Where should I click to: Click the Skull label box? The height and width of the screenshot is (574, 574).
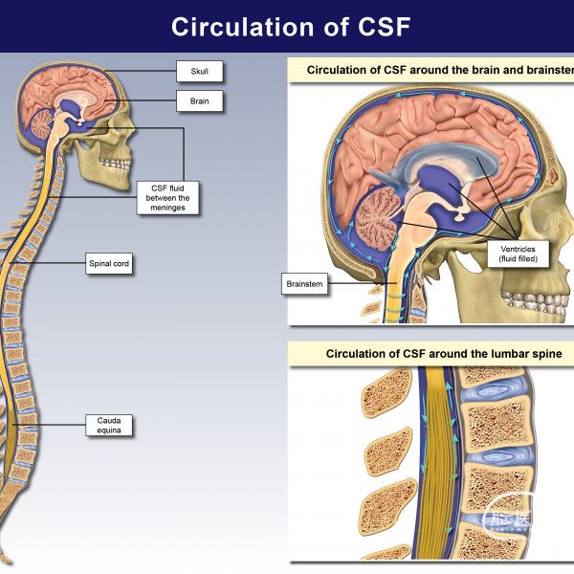pos(199,71)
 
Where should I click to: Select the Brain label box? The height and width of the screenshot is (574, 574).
pos(199,99)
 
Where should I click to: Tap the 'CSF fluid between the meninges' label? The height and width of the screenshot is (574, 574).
pos(164,198)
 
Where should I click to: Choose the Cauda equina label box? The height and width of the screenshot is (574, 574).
pos(107,424)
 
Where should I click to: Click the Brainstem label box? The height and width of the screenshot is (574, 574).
pos(305,284)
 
